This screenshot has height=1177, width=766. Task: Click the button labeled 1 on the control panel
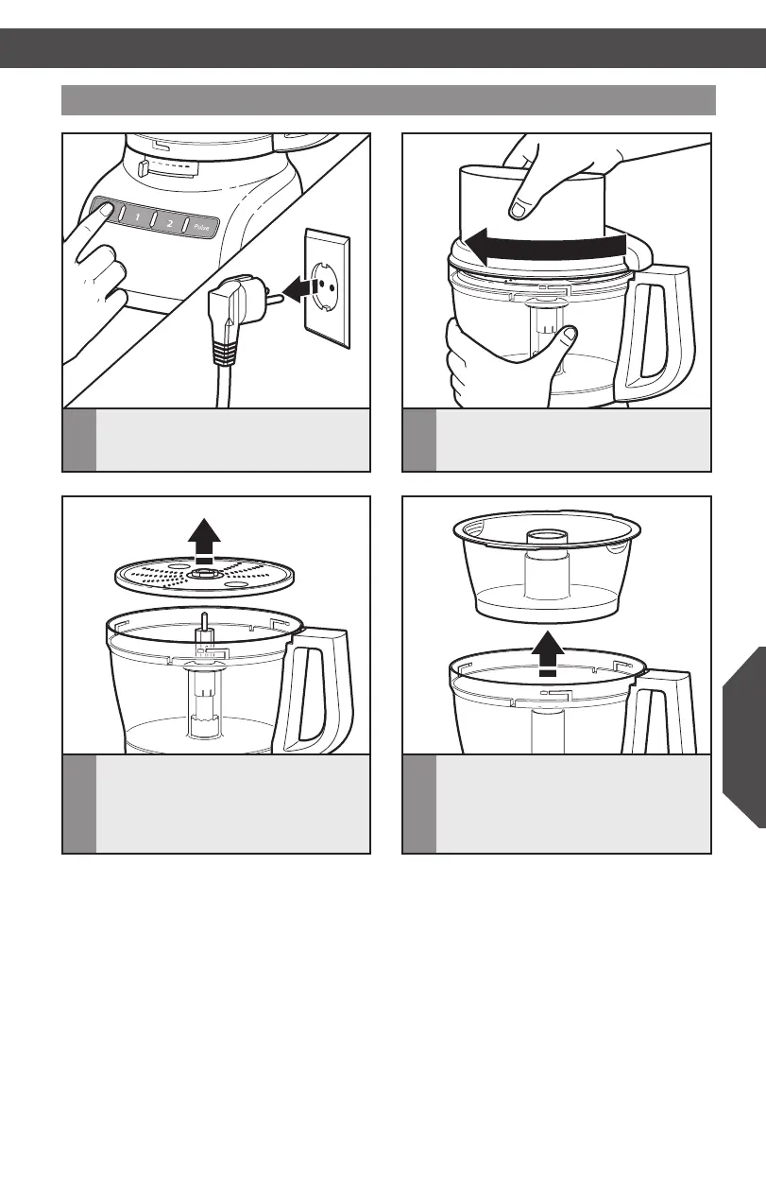(137, 217)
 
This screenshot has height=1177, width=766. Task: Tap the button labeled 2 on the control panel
(169, 223)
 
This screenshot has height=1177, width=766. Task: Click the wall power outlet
(327, 288)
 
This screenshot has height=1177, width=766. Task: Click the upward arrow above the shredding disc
(204, 541)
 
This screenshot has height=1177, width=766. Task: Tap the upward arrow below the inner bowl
(548, 653)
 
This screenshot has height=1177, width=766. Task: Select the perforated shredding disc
(204, 577)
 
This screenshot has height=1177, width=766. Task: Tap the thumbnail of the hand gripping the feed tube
(519, 210)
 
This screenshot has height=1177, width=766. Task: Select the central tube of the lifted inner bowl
(548, 564)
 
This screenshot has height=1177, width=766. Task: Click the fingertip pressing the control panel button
(106, 209)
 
